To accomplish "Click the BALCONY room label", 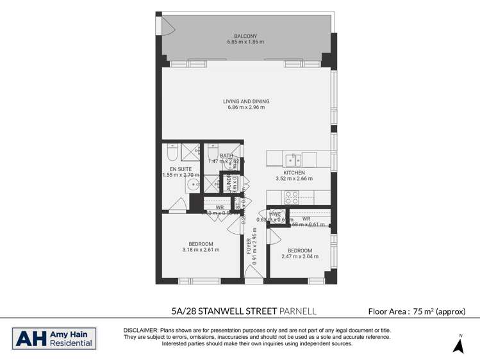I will pos(245,36).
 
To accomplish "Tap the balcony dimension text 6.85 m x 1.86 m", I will pos(245,42).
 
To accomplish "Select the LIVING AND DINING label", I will pos(246,101).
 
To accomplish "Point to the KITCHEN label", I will pos(295,172).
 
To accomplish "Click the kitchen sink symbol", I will pos(293,159).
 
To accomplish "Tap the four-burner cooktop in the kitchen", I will pos(292,197).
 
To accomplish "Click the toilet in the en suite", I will pos(172,153).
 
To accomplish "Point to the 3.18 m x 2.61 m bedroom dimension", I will pos(201,250).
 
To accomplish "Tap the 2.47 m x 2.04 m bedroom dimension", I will pos(299,257).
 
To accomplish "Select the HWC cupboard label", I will pos(274,214).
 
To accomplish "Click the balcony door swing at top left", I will pos(167,26).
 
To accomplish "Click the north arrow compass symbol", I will pos(458,345).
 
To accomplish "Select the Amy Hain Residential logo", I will pos(54,339).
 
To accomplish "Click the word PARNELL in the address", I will pos(298,311).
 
